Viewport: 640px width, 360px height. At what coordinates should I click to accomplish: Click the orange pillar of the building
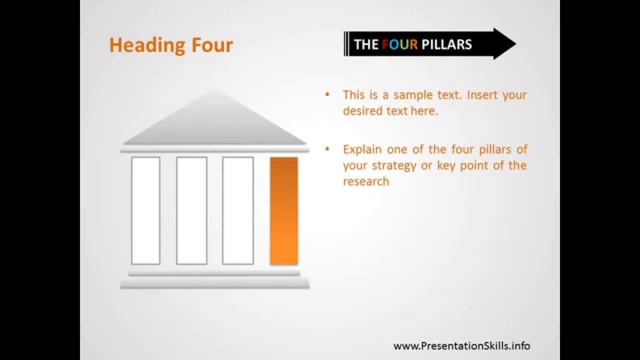click(x=284, y=210)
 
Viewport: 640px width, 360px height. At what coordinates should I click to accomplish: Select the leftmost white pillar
click(x=145, y=210)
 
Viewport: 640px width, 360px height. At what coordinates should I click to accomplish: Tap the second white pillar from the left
click(x=191, y=210)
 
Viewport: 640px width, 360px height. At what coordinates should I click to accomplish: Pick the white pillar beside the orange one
click(x=238, y=210)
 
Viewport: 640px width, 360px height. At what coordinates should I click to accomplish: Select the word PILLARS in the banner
click(x=446, y=44)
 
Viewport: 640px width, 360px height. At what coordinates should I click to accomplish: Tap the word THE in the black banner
click(x=366, y=44)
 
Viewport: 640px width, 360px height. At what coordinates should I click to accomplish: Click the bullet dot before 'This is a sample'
click(x=327, y=95)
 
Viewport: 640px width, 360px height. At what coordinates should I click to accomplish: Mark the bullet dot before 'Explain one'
click(x=327, y=149)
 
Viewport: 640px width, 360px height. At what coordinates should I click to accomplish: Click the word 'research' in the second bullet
click(x=366, y=181)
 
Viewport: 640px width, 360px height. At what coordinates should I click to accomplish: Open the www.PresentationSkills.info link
click(x=461, y=345)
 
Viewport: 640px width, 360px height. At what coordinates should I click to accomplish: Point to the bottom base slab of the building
click(x=215, y=283)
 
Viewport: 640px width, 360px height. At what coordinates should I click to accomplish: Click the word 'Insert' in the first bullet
click(x=482, y=95)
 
